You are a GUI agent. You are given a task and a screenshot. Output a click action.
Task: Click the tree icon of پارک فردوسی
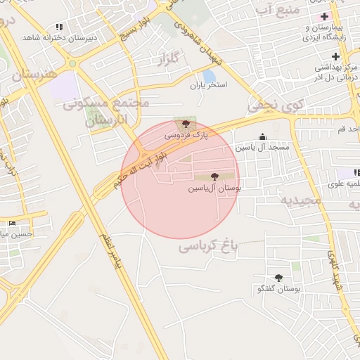coord(186,123)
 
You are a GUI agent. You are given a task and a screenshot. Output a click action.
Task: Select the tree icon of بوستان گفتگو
coord(278,278)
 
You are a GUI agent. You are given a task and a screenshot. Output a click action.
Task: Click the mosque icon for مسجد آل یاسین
coord(262,136)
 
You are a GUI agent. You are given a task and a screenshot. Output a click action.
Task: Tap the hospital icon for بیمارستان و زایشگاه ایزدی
coord(323,16)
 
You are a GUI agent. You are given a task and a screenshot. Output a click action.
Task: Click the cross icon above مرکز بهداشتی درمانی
coord(335,56)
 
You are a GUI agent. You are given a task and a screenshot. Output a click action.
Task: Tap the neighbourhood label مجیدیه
coord(301,200)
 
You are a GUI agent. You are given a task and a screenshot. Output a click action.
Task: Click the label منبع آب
coord(270,9)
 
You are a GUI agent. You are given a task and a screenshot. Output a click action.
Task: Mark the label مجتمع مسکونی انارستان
coord(105,112)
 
